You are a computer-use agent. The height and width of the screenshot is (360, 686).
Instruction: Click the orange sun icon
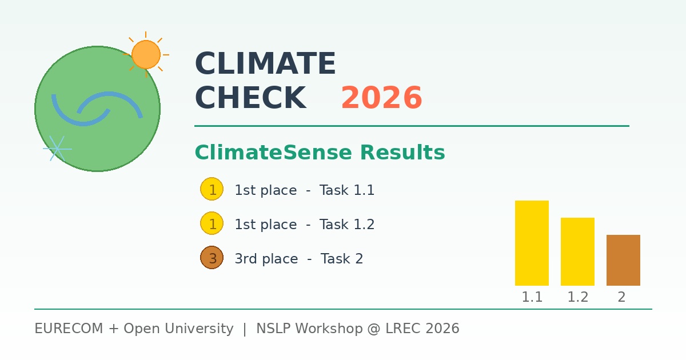pyautogui.click(x=146, y=54)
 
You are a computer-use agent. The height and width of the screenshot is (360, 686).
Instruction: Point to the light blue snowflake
pyautogui.click(x=57, y=149)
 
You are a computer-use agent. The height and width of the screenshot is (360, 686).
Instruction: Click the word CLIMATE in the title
pyautogui.click(x=265, y=64)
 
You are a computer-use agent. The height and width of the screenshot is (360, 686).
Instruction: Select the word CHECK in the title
pyautogui.click(x=250, y=98)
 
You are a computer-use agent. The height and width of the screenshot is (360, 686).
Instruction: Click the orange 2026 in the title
pyautogui.click(x=381, y=98)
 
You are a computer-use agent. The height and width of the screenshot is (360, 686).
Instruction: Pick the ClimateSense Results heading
pyautogui.click(x=320, y=153)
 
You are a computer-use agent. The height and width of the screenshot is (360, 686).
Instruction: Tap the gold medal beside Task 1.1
pyautogui.click(x=212, y=189)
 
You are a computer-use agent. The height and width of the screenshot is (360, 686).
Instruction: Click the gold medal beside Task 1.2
pyautogui.click(x=212, y=223)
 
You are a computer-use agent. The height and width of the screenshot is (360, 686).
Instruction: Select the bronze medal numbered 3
pyautogui.click(x=212, y=258)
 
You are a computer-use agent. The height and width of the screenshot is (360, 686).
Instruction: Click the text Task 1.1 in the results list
pyautogui.click(x=347, y=190)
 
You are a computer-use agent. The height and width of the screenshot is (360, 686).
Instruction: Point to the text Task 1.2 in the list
pyautogui.click(x=347, y=225)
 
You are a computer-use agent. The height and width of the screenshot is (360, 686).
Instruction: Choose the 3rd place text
pyautogui.click(x=266, y=259)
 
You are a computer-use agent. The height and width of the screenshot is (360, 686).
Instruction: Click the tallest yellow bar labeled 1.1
pyautogui.click(x=532, y=243)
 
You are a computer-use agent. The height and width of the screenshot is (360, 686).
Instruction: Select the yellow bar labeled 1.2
pyautogui.click(x=577, y=251)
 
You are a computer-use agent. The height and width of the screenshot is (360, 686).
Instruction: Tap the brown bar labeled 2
pyautogui.click(x=623, y=260)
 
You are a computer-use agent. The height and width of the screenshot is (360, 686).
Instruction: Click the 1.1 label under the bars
pyautogui.click(x=532, y=297)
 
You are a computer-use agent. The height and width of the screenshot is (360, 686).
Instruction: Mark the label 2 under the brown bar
pyautogui.click(x=621, y=297)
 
